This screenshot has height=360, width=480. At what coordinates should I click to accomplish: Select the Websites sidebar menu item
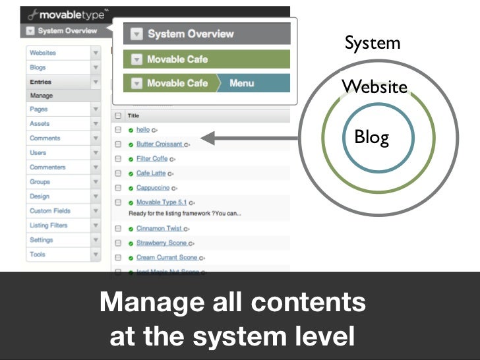tap(43, 53)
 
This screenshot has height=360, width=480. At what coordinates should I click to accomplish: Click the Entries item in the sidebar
tap(40, 82)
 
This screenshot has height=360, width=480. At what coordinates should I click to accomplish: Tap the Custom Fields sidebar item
tap(49, 211)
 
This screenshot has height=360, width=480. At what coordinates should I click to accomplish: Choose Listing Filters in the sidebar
tap(48, 225)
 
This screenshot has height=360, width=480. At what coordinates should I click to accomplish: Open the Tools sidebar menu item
tap(38, 255)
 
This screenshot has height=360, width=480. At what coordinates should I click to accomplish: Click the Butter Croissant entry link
tap(160, 144)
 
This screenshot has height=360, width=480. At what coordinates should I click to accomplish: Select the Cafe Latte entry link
tap(152, 173)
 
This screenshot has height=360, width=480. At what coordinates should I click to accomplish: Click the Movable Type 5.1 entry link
tap(162, 202)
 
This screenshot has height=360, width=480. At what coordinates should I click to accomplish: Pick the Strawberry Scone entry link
tap(162, 243)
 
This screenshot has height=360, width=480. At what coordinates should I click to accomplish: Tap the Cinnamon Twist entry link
tap(160, 229)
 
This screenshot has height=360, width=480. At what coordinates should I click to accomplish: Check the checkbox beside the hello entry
tap(118, 130)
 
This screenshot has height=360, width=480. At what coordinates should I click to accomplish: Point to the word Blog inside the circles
tap(372, 137)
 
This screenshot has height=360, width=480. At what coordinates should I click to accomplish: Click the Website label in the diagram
tap(374, 87)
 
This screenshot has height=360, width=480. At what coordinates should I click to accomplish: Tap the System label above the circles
tap(373, 44)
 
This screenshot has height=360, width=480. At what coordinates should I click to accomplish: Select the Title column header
tap(133, 115)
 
